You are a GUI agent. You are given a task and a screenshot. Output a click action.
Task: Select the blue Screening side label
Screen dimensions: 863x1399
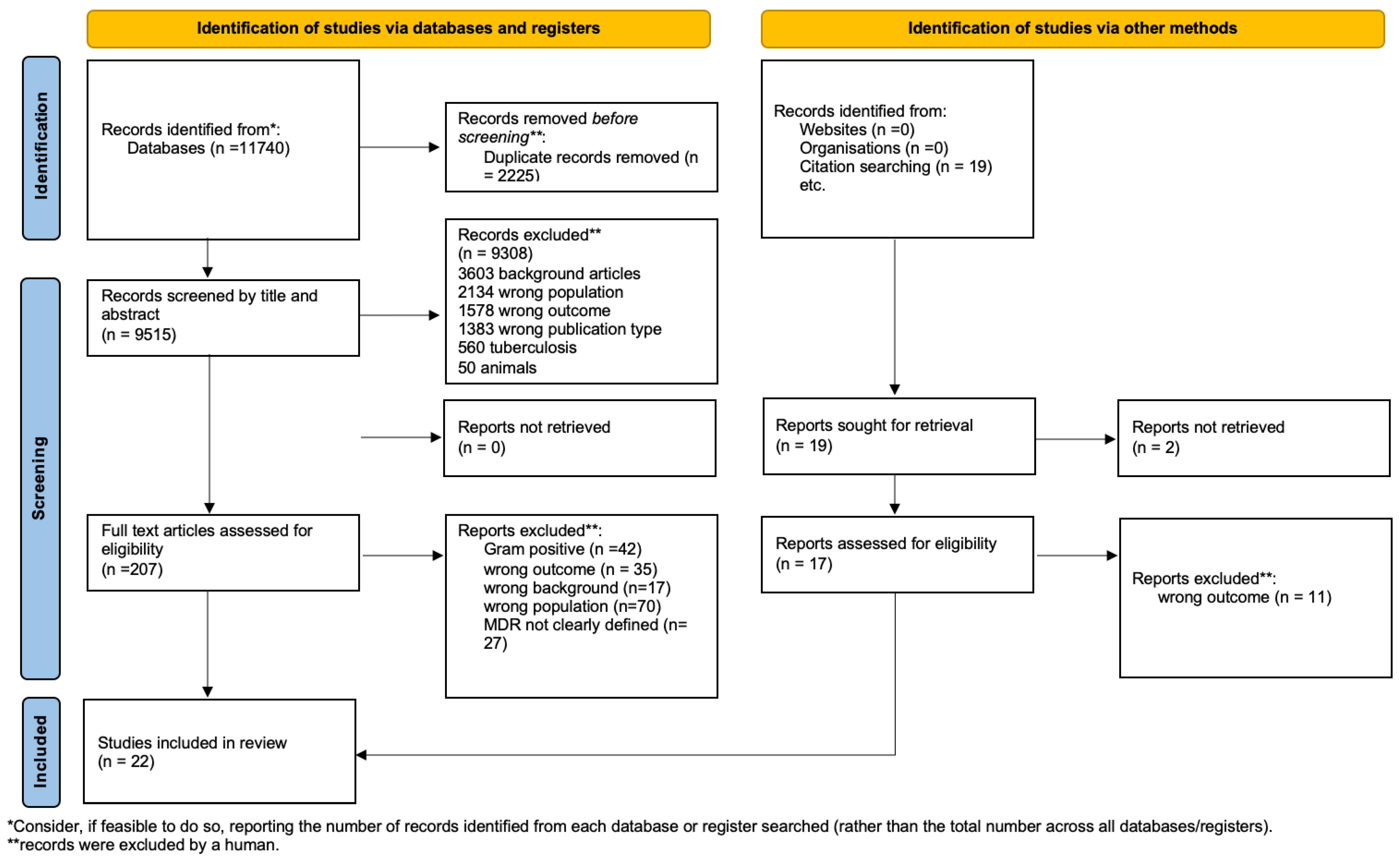[x=40, y=478]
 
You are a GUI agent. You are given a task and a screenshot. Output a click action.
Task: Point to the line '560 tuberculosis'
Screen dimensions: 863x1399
[x=517, y=348]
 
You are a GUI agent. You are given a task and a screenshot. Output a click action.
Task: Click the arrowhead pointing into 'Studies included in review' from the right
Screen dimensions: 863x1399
[x=361, y=755]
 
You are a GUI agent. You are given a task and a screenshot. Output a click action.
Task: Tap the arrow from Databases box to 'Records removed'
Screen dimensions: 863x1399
[x=400, y=147]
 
